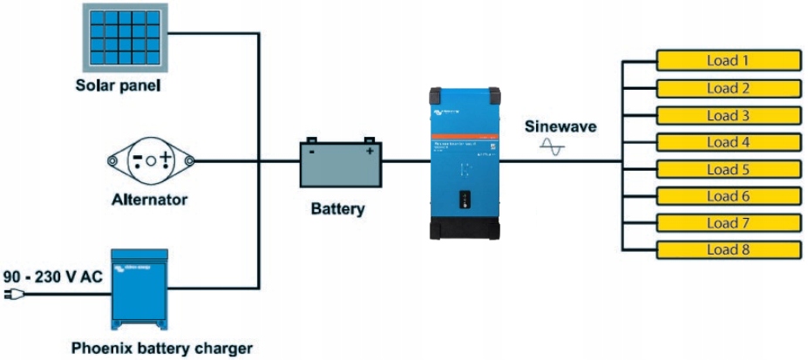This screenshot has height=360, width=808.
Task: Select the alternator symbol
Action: (150, 160)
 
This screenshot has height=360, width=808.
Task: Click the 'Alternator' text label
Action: (149, 200)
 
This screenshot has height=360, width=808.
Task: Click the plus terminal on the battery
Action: (370, 152)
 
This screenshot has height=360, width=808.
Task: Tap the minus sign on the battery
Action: (311, 152)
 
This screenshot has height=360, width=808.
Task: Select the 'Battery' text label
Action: (337, 209)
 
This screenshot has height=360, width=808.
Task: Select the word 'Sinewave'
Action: (560, 126)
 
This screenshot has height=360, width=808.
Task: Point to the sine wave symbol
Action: (553, 147)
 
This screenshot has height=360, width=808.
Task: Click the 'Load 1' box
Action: (728, 61)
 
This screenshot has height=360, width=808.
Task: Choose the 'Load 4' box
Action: (728, 142)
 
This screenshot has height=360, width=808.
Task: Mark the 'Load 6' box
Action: (728, 196)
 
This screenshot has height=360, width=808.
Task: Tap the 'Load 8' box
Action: (728, 250)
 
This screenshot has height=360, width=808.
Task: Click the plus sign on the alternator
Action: (166, 160)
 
